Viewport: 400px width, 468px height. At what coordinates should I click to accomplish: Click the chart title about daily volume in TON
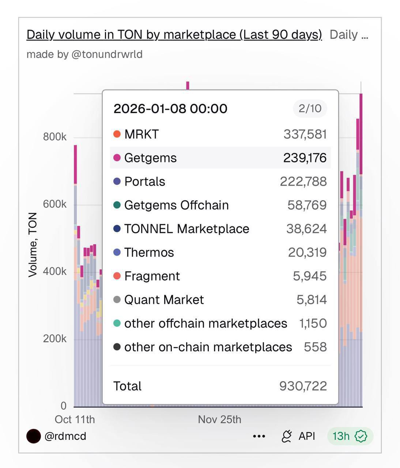tap(174, 35)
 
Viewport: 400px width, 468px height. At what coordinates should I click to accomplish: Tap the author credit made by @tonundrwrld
tap(84, 54)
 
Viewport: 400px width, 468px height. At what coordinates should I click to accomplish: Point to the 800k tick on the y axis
tap(55, 137)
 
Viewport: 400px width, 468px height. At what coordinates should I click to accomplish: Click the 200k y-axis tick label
tap(55, 339)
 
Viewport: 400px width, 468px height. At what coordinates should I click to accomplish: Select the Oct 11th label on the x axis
tap(75, 419)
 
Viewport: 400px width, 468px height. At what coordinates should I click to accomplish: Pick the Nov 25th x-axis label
tap(219, 419)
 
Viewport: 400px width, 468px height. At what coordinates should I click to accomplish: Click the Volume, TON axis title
tap(33, 245)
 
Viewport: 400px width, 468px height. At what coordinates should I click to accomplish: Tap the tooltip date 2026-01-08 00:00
tap(170, 109)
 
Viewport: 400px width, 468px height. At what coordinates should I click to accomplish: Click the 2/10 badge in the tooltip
tap(310, 109)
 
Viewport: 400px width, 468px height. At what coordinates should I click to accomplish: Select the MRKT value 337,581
tap(305, 134)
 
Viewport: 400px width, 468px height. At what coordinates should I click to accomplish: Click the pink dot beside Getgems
tap(117, 158)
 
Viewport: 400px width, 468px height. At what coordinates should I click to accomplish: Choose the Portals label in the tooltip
tap(145, 182)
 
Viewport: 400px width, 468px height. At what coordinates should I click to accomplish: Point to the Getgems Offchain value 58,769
tap(307, 205)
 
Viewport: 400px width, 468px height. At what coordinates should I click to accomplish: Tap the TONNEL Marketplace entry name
tap(187, 229)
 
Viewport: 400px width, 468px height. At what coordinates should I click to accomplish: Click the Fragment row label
tap(152, 276)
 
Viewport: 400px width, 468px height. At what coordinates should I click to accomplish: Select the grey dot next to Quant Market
tap(117, 300)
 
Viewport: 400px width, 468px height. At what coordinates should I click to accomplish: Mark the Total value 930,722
tap(303, 386)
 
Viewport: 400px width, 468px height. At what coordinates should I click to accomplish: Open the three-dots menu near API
tap(259, 436)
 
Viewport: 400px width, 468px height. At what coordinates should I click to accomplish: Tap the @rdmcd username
tap(65, 436)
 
